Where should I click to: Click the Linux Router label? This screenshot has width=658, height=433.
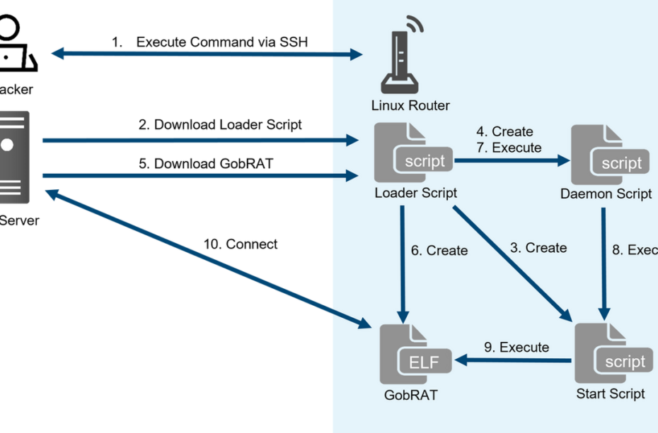pyautogui.click(x=410, y=106)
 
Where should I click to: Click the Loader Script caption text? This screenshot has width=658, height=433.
pyautogui.click(x=415, y=193)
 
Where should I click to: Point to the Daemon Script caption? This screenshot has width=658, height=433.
pyautogui.click(x=606, y=194)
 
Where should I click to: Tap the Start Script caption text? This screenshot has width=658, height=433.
pyautogui.click(x=611, y=393)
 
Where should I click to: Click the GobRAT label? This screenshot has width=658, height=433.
pyautogui.click(x=410, y=396)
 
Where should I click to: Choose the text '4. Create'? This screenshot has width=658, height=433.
pyautogui.click(x=504, y=131)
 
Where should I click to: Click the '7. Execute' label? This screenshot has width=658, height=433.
pyautogui.click(x=508, y=148)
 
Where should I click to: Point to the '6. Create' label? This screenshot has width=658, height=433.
pyautogui.click(x=439, y=251)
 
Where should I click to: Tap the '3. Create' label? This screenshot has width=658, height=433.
pyautogui.click(x=538, y=248)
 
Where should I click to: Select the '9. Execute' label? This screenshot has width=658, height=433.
pyautogui.click(x=516, y=347)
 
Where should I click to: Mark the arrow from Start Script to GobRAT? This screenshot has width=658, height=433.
pyautogui.click(x=514, y=361)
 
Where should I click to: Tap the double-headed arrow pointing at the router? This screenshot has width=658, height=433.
pyautogui.click(x=205, y=53)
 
